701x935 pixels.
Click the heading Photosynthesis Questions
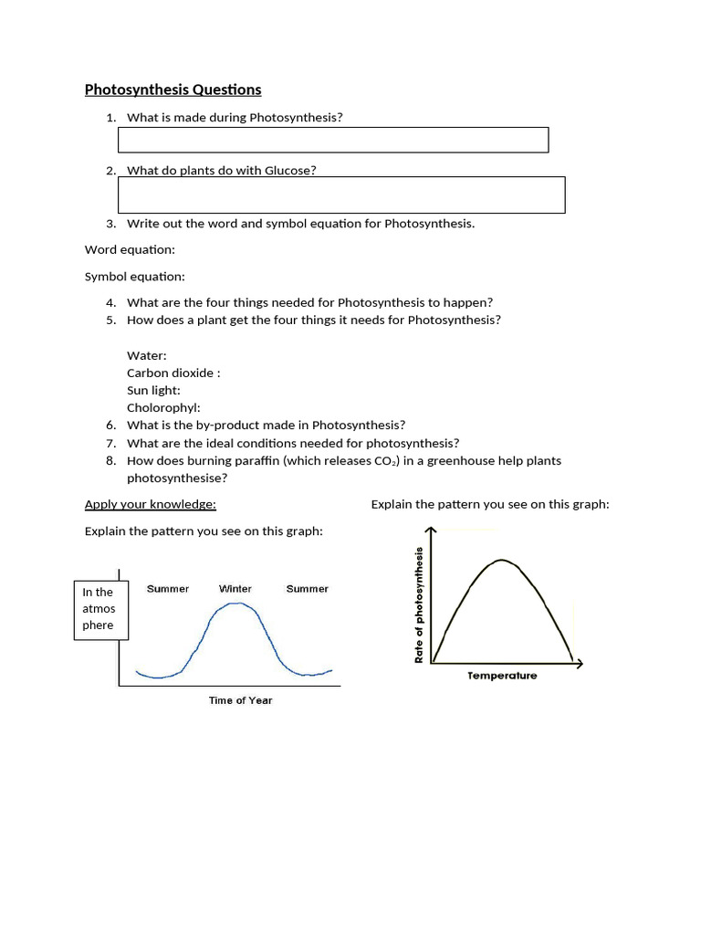173,89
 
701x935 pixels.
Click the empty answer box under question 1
333,140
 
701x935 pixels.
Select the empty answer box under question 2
341,194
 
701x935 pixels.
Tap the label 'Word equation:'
130,249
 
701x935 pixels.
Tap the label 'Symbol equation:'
134,276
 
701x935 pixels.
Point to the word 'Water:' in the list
146,355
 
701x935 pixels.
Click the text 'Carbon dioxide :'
173,373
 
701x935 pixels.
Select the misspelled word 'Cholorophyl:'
163,408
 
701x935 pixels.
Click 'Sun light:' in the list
153,390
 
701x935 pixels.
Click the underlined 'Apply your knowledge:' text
150,504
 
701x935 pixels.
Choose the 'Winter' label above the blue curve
235,589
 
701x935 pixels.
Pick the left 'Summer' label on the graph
168,589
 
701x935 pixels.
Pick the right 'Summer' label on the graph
307,589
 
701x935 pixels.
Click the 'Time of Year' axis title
240,700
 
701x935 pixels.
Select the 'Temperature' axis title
502,676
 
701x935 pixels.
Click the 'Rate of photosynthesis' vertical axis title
420,604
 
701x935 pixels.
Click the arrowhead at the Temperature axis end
579,663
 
